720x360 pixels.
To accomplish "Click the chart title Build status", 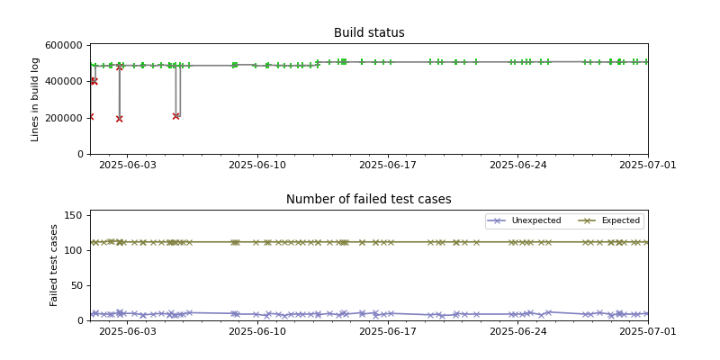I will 369,33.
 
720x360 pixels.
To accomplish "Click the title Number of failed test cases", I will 369,200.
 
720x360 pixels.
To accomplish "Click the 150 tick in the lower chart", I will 74,215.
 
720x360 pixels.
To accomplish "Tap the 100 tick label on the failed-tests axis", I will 74,250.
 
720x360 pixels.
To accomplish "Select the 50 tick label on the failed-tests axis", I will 76,285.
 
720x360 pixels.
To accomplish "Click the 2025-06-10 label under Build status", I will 257,166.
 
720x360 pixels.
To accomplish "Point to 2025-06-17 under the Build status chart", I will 388,166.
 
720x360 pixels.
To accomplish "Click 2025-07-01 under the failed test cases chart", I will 648,332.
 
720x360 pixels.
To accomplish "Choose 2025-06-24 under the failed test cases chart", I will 518,332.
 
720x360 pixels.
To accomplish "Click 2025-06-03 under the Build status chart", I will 127,166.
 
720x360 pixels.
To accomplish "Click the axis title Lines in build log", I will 36,99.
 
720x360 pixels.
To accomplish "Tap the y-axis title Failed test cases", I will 54,265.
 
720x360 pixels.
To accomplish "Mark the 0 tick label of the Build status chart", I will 80,155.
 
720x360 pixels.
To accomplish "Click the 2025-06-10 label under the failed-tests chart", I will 257,332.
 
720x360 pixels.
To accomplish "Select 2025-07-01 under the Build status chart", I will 648,166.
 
